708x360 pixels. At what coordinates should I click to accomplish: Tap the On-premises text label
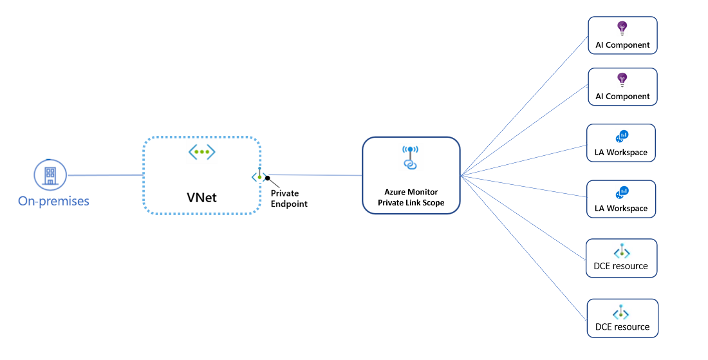tap(53, 202)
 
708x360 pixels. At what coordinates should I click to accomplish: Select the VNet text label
tap(201, 197)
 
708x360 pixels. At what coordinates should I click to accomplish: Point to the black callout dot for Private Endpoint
tap(268, 178)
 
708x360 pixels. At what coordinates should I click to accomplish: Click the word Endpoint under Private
tap(289, 204)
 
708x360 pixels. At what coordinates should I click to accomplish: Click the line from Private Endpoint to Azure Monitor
tap(315, 175)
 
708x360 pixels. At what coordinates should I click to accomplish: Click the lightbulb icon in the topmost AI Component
tap(622, 28)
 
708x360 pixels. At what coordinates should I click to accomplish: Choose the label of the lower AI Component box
tap(622, 97)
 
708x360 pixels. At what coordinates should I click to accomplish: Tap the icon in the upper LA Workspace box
tap(622, 136)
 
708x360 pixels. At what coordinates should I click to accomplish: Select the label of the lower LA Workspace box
tap(621, 209)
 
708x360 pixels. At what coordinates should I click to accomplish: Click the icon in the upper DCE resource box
tap(620, 252)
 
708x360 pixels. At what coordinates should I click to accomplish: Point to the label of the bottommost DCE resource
tap(622, 327)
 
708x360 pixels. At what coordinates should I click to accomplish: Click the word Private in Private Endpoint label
tap(284, 193)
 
